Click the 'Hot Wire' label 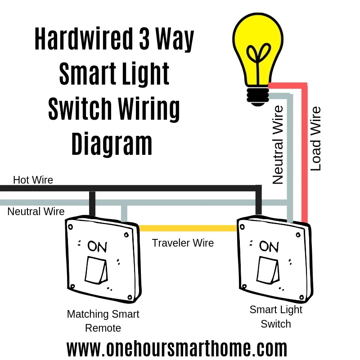33,180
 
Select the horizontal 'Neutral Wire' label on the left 36,211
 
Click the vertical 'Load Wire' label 316,139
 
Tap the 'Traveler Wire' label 183,243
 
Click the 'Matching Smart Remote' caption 103,321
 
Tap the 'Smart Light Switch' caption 276,317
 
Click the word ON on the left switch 97,246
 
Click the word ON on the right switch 269,246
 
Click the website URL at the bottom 177,349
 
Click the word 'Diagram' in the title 112,144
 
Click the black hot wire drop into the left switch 92,205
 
